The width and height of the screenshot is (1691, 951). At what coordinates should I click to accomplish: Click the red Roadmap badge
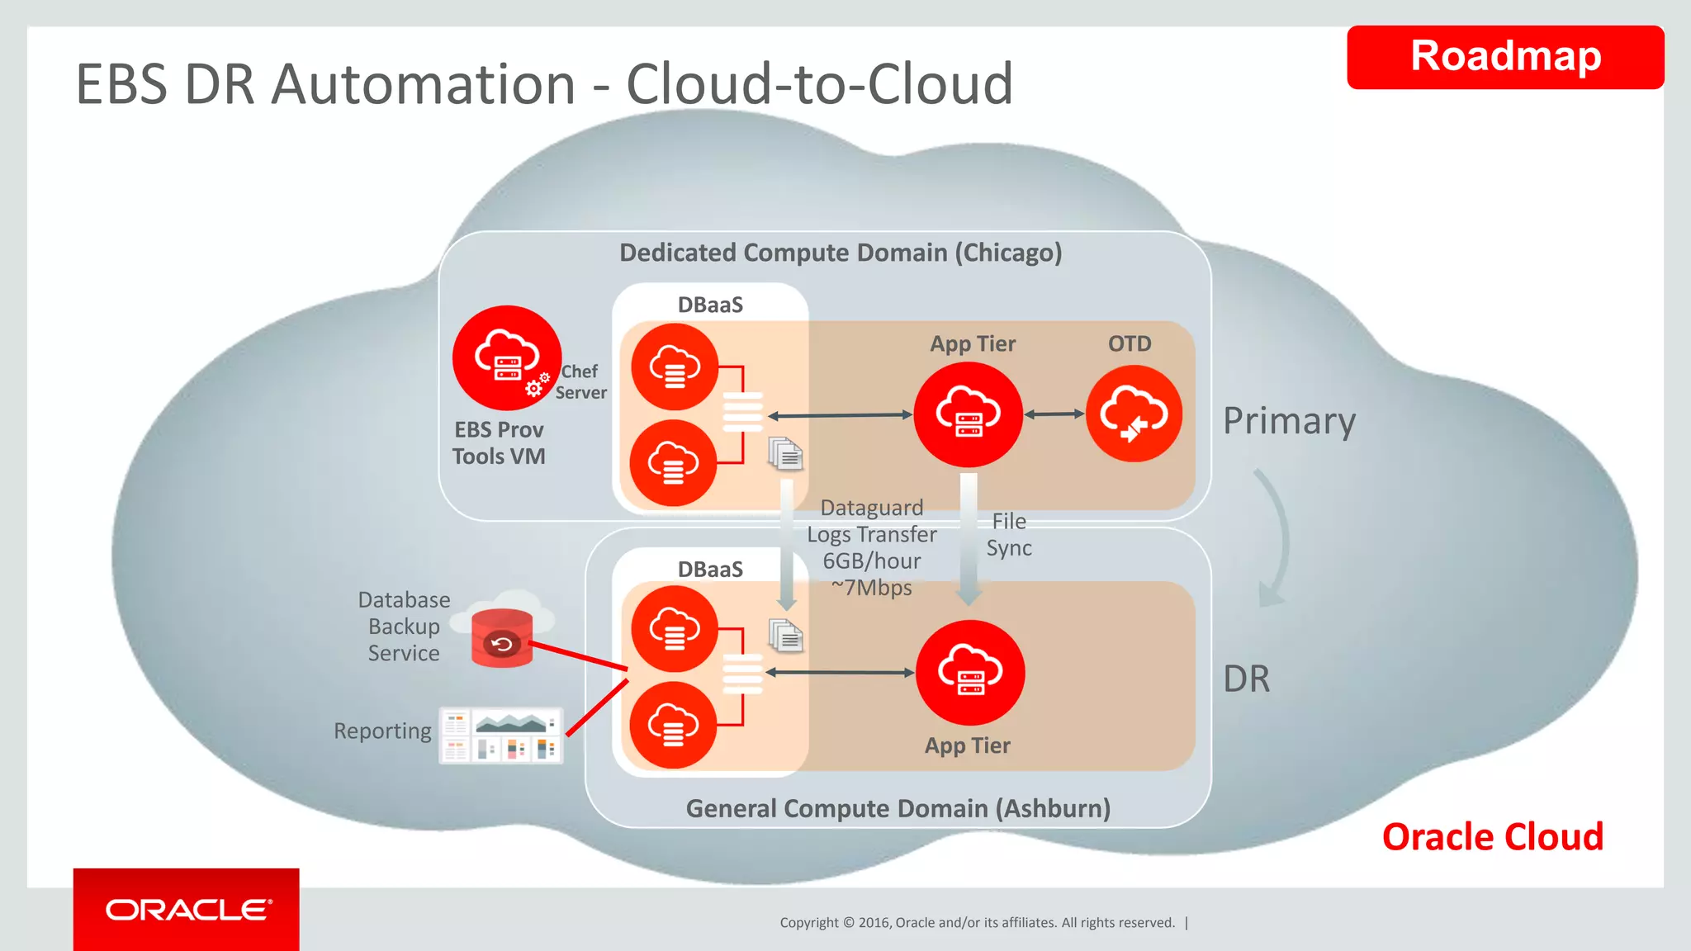pos(1504,57)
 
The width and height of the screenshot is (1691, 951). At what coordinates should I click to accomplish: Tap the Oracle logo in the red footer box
pos(187,910)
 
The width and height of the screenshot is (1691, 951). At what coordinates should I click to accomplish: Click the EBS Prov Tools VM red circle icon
pos(506,358)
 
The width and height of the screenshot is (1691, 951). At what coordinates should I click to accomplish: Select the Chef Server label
pos(580,382)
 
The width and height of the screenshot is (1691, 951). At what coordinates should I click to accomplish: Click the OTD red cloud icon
pos(1134,414)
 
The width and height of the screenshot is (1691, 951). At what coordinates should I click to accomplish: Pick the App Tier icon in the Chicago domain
pos(968,414)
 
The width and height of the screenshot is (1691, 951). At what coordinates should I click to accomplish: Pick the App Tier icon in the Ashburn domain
pos(970,673)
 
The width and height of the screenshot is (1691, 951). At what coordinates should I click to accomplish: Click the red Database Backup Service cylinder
pos(502,638)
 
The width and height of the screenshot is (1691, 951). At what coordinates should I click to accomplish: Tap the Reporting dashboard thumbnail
pos(501,735)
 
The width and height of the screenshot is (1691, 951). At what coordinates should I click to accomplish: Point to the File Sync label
pos(1009,535)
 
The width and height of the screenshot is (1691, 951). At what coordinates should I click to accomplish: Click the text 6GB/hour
pos(872,561)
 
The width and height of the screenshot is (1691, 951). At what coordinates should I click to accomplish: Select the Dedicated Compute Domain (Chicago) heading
pos(841,253)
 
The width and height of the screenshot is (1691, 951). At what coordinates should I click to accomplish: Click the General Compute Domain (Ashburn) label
pos(898,808)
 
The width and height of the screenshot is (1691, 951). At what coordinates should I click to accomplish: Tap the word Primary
pos(1289,421)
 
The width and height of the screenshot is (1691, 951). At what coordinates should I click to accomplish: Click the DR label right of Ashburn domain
pos(1246,679)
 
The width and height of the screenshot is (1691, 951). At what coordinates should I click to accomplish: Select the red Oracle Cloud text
pos(1492,837)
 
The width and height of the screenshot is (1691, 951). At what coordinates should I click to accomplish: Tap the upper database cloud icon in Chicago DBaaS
pos(675,367)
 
